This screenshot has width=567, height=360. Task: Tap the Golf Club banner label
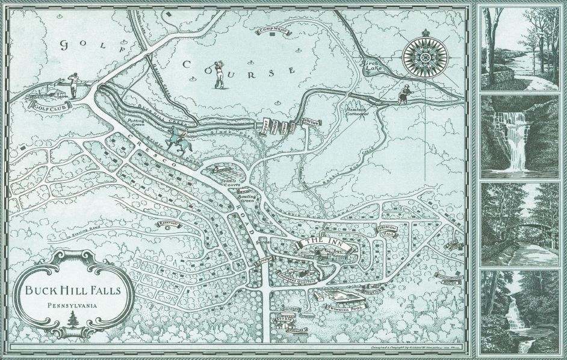coord(52,107)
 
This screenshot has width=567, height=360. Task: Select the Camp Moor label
coord(271,29)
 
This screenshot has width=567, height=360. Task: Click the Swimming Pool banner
coord(341,306)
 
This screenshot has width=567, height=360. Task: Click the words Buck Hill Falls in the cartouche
coord(72,290)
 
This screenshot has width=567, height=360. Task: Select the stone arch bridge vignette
coord(520,223)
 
